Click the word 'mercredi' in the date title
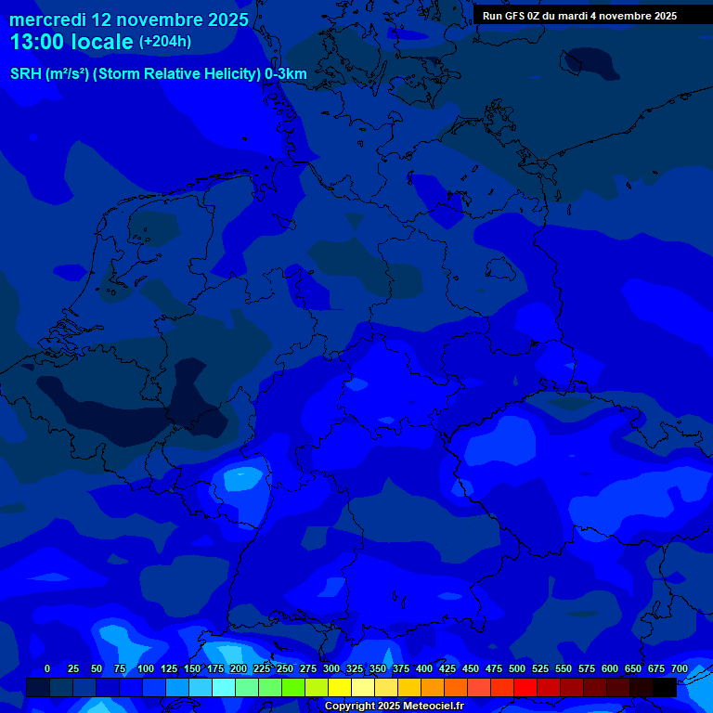click(47, 19)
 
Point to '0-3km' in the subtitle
click(286, 74)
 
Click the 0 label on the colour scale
click(47, 668)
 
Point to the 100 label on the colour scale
click(146, 668)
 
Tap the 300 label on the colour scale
click(331, 668)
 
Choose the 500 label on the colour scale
click(517, 668)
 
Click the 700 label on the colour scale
click(680, 668)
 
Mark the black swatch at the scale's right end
click(665, 687)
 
